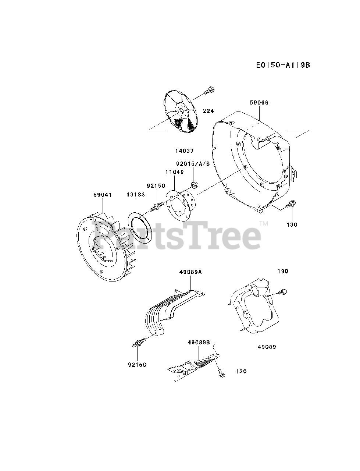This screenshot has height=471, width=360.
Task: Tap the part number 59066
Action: pyautogui.click(x=259, y=103)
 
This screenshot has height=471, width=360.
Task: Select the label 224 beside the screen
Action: pyautogui.click(x=208, y=111)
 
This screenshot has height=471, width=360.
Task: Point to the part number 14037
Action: pyautogui.click(x=184, y=151)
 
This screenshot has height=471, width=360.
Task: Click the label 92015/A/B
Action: pyautogui.click(x=193, y=164)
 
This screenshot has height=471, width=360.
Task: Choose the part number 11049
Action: pyautogui.click(x=174, y=172)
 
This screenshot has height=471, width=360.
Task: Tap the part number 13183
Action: pyautogui.click(x=136, y=195)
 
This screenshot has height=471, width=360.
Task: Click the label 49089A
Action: pyautogui.click(x=191, y=272)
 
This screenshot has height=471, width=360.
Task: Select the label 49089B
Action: pyautogui.click(x=199, y=342)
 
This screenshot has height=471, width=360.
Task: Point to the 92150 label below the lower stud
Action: pyautogui.click(x=137, y=365)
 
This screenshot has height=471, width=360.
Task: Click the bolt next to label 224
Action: pyautogui.click(x=210, y=89)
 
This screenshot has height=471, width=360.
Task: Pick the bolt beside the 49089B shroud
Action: pyautogui.click(x=220, y=373)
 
